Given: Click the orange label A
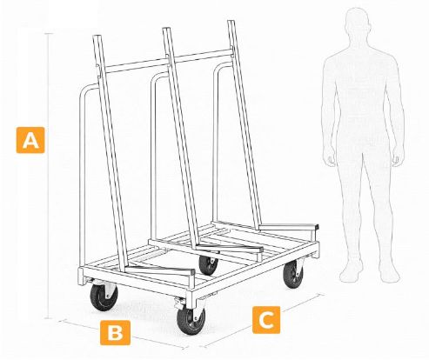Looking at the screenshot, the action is pos(30,140).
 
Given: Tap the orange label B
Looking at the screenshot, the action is pos(115,332).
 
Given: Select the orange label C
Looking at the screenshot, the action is pos(266,320).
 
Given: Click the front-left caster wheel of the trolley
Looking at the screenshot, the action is pos(104,297).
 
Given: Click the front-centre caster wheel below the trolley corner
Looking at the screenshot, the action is pos(191,321).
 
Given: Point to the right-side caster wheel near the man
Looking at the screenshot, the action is pos(293,274).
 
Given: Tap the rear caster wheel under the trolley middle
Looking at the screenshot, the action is pos(208,265).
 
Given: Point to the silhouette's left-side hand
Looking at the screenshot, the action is pos(332,158).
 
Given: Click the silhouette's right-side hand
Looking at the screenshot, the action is pos(397,158).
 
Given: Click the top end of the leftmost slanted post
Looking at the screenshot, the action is pos(97,37).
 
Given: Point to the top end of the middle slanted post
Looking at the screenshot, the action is pos(166,29).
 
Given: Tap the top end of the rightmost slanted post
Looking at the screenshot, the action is pos(231,22).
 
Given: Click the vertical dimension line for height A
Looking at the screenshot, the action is pos(49,176).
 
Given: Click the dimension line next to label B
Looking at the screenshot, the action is pos(124,335).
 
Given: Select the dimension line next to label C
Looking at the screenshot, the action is pos(264,320).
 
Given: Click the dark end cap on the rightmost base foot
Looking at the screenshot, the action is pos(316,227).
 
